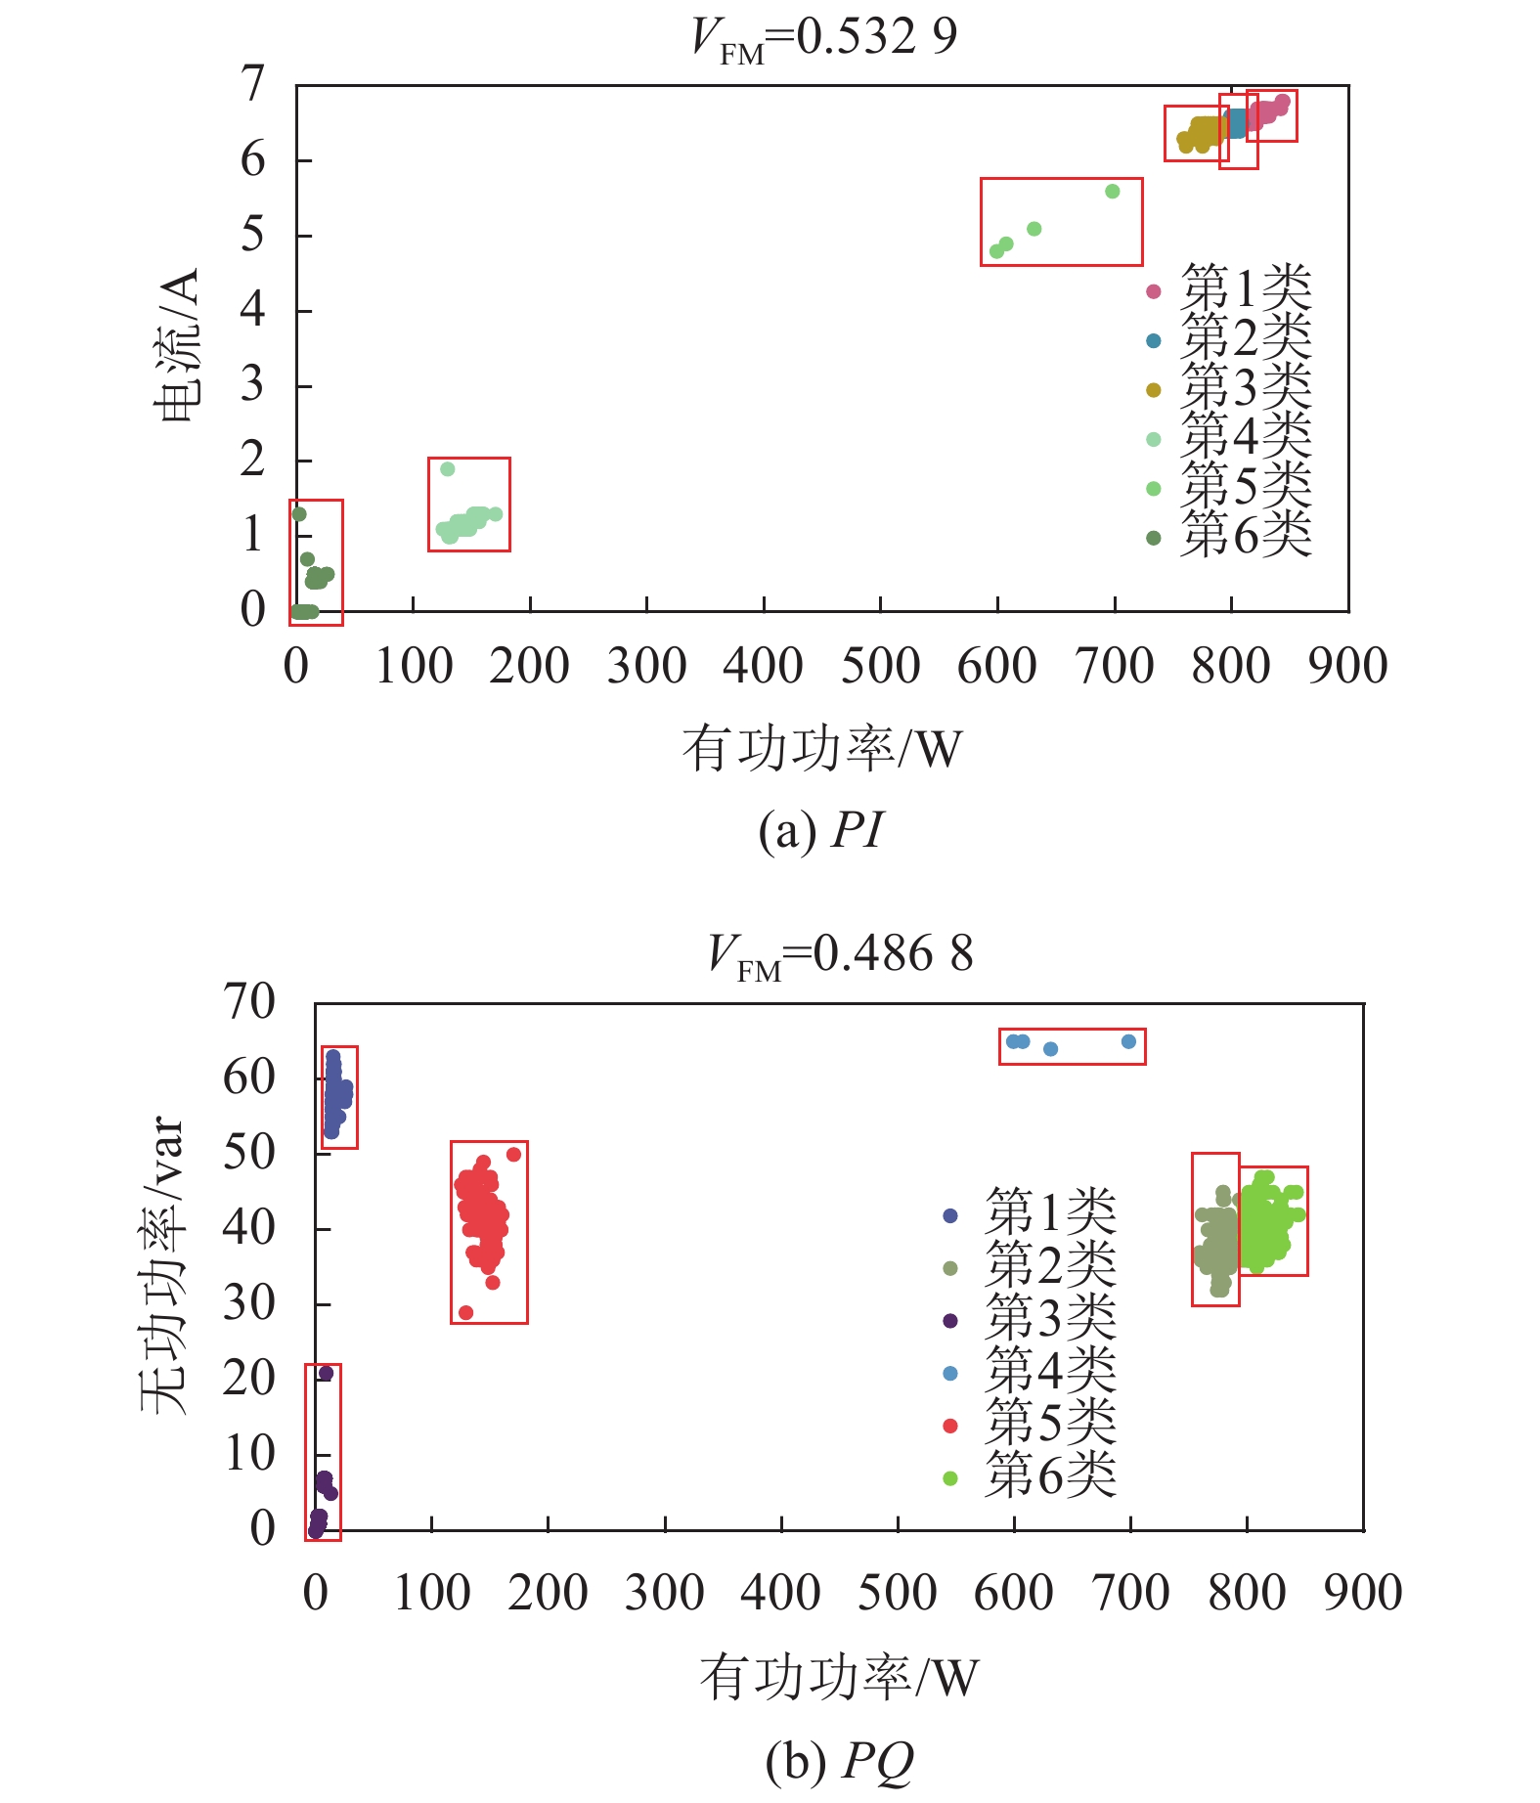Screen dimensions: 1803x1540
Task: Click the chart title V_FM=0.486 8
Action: (841, 955)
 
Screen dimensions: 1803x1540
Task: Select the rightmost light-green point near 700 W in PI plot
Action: (1112, 192)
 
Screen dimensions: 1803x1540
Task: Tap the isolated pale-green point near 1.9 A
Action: (448, 469)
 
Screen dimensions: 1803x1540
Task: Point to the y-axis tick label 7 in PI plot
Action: (253, 85)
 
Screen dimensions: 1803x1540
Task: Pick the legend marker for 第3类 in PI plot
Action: (1154, 390)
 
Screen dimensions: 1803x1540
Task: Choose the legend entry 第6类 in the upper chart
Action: (1245, 535)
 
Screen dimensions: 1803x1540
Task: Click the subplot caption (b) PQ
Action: (839, 1761)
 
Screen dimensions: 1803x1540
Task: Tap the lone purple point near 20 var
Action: (326, 1374)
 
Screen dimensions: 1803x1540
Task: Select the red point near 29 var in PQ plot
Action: (465, 1312)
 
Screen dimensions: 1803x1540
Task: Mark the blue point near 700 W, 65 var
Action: (1128, 1042)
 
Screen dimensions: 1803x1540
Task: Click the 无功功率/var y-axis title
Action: (162, 1265)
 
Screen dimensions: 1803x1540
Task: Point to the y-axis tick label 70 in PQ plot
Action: (249, 1002)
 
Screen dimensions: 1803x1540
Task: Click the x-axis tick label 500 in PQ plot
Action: (897, 1593)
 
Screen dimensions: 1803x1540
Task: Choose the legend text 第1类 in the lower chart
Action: (1050, 1212)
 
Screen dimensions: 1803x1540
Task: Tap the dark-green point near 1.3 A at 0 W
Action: (299, 514)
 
